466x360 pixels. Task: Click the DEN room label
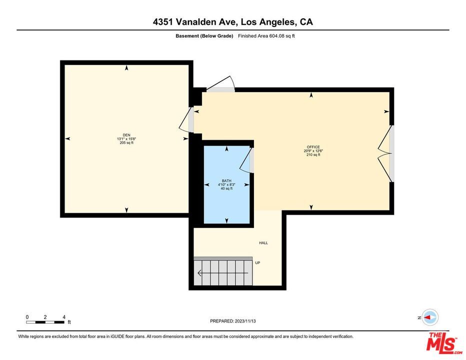click(126, 134)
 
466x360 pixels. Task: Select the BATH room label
click(226, 180)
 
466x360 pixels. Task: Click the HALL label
click(263, 243)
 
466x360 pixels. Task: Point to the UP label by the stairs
click(257, 263)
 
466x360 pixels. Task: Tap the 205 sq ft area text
click(126, 143)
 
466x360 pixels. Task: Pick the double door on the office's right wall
click(386, 153)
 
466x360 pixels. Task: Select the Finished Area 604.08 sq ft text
click(266, 36)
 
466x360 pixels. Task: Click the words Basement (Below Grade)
click(204, 36)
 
